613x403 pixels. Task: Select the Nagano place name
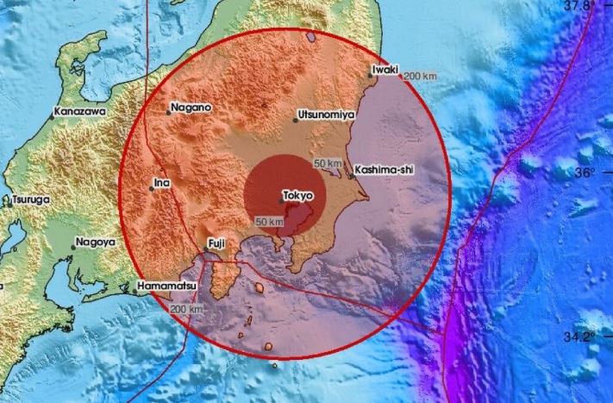[x=191, y=108]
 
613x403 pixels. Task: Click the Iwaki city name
[x=383, y=68]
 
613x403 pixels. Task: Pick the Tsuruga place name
[x=31, y=199]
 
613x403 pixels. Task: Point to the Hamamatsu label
[x=166, y=285]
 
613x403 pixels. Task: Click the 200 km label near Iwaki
[x=420, y=77]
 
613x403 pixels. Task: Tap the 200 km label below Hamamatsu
[x=186, y=309]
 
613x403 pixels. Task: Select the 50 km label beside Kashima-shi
[x=328, y=164]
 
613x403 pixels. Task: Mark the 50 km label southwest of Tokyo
[x=269, y=224]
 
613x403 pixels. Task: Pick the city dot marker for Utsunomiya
[x=295, y=120]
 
